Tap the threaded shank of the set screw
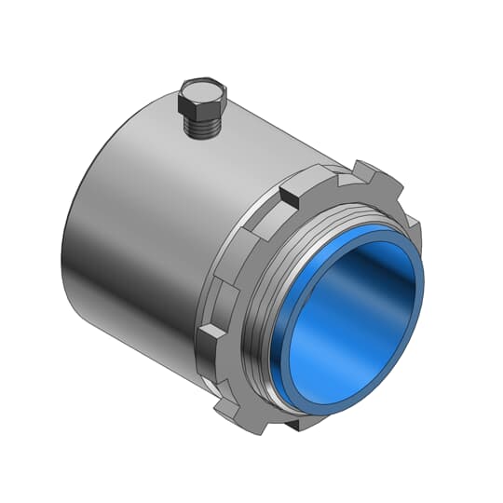tap(202, 127)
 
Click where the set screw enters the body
tap(204, 138)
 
